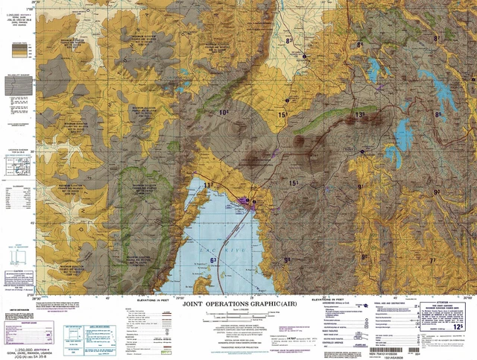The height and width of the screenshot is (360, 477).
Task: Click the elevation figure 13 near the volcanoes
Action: pos(359,115)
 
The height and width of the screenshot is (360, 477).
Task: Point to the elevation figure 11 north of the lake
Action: pos(208,184)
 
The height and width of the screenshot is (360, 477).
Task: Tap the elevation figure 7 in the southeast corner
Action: pos(432,260)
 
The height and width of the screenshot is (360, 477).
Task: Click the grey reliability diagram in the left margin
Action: pos(19,86)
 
